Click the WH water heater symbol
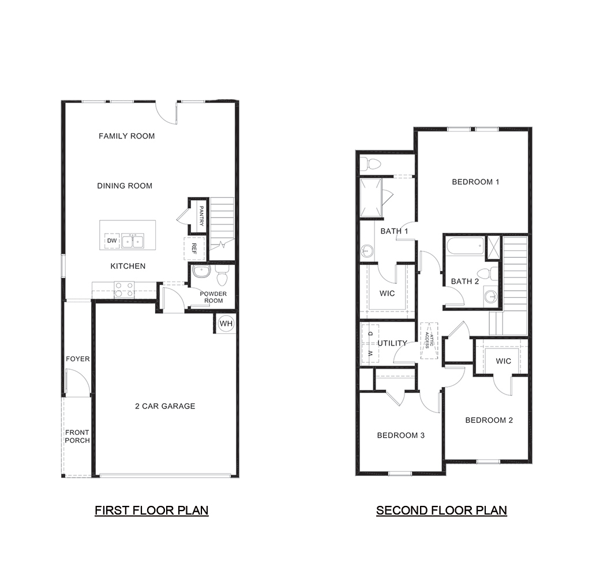pyautogui.click(x=226, y=324)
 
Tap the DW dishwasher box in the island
pyautogui.click(x=112, y=241)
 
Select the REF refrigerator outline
pyautogui.click(x=193, y=248)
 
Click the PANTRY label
pyautogui.click(x=201, y=215)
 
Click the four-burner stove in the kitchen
pyautogui.click(x=124, y=289)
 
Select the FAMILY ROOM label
pyautogui.click(x=126, y=136)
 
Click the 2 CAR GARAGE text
pyautogui.click(x=165, y=406)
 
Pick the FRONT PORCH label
pyautogui.click(x=77, y=437)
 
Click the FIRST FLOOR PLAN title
pyautogui.click(x=151, y=511)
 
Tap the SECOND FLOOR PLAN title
pyautogui.click(x=441, y=511)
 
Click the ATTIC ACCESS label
pyautogui.click(x=429, y=340)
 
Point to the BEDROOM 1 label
pyautogui.click(x=475, y=182)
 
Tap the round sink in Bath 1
pyautogui.click(x=367, y=251)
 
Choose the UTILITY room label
pyautogui.click(x=392, y=343)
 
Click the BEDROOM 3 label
pyautogui.click(x=400, y=436)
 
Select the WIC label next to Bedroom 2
pyautogui.click(x=503, y=361)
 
